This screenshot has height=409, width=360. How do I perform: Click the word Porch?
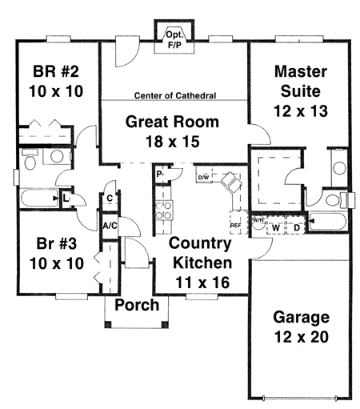pyautogui.click(x=136, y=305)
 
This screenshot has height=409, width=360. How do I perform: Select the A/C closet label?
pyautogui.click(x=110, y=227)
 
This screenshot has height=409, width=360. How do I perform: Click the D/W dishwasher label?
pyautogui.click(x=203, y=177)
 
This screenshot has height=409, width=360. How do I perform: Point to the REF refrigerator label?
pyautogui.click(x=235, y=226)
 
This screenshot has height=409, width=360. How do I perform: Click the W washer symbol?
pyautogui.click(x=275, y=227)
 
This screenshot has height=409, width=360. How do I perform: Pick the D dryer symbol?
pyautogui.click(x=297, y=227)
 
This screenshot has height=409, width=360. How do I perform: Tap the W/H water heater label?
pyautogui.click(x=258, y=219)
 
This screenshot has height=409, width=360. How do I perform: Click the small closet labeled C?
pyautogui.click(x=109, y=198)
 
